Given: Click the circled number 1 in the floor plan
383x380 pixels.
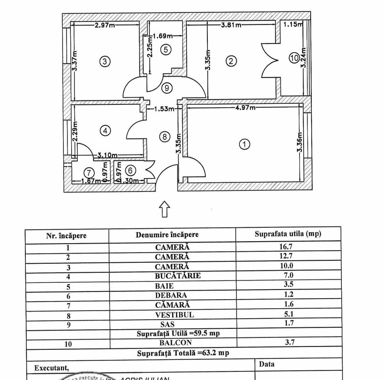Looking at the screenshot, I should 245,143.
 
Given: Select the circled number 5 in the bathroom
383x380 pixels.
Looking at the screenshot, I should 165,49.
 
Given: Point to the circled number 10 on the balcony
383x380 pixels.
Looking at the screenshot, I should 293,58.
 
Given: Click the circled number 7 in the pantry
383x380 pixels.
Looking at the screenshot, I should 88,172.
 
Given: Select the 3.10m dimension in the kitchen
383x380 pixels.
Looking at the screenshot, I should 108,155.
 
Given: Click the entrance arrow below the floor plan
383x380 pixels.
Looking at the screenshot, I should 164,209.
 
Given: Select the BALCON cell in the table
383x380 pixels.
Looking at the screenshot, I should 173,342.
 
